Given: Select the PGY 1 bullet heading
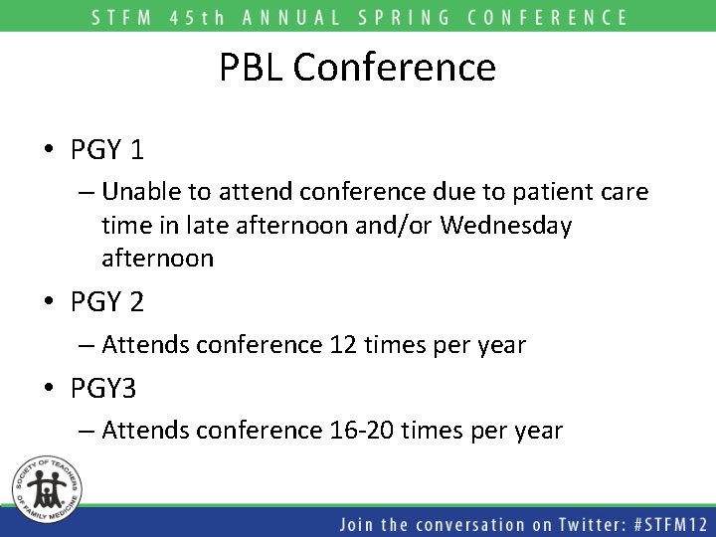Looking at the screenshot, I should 107,150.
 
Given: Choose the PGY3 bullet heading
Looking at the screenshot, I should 103,389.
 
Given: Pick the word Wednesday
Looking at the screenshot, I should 505,225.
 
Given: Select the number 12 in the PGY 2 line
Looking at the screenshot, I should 339,345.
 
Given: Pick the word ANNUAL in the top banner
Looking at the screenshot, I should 286,17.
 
